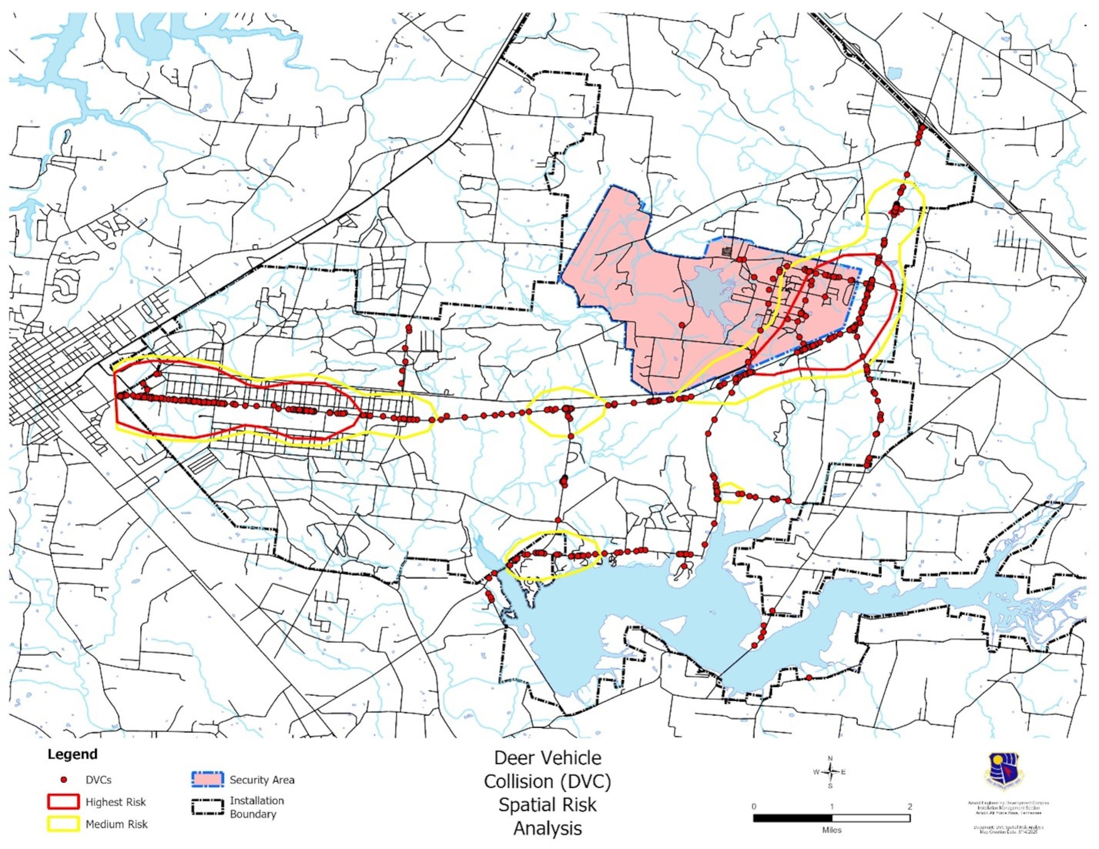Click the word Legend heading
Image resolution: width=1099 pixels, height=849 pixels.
coord(72,754)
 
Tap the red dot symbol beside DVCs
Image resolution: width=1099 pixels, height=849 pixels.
coord(64,779)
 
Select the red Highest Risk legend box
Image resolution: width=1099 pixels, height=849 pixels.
coord(63,802)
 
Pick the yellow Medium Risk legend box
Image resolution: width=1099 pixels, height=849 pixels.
coord(63,824)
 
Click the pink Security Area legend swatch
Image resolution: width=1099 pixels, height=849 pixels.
coord(208,779)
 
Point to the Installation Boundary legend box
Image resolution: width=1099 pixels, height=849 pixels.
coord(208,806)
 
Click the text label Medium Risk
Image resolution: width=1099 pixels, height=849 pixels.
coord(116,824)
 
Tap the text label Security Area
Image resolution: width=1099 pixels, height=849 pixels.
coord(262,780)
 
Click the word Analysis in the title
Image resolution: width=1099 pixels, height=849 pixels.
coord(547,828)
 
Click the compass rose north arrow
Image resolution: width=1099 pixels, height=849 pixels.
coord(830,771)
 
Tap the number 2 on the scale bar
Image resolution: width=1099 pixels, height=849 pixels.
coord(909,806)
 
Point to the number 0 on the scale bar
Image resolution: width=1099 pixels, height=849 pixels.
coord(754,806)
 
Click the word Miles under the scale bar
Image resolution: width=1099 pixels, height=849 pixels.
coord(831,830)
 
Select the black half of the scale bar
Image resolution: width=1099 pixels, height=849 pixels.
coord(792,818)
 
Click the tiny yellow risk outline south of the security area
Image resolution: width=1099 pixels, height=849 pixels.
coord(731,493)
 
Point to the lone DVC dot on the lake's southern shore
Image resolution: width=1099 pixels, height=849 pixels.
coord(809,678)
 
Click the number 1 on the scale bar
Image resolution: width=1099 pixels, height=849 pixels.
coord(831,806)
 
